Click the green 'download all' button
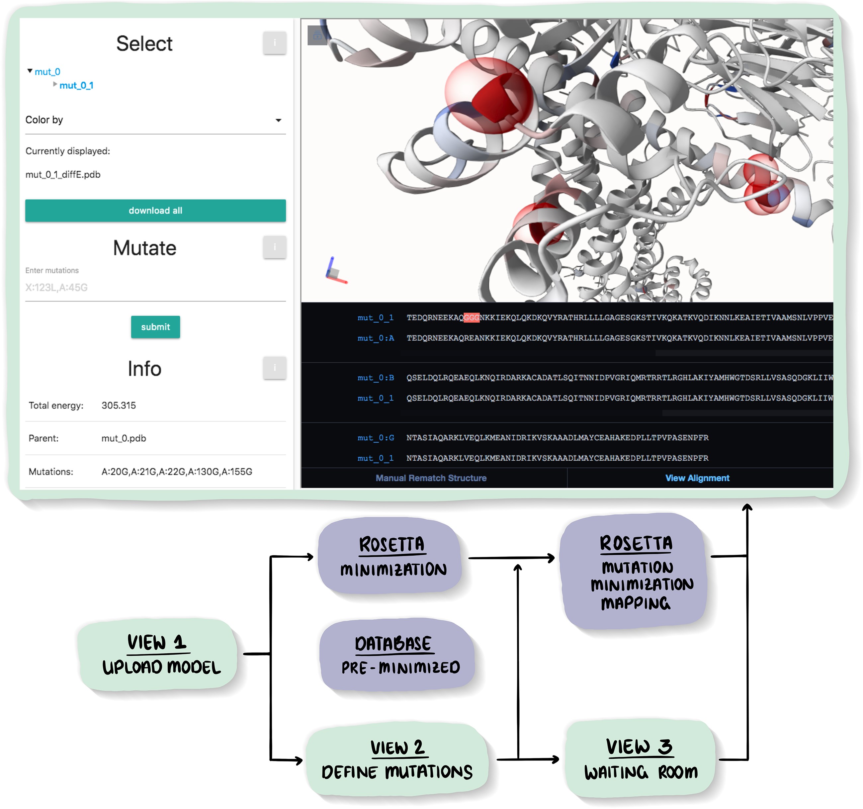click(155, 211)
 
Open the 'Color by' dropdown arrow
click(278, 120)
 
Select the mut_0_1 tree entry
click(76, 86)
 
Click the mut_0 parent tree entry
click(47, 72)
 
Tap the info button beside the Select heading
click(274, 43)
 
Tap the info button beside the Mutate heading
click(274, 247)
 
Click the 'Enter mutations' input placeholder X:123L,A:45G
click(56, 288)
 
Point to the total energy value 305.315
click(119, 405)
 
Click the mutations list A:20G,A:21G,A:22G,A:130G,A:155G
click(177, 472)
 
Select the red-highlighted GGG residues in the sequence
click(472, 317)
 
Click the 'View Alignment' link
click(697, 478)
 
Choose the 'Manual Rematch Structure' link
click(431, 478)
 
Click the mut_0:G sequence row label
click(376, 438)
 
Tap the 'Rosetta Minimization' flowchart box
click(391, 556)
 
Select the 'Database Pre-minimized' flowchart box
click(396, 655)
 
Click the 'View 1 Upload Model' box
click(158, 655)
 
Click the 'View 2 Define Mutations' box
click(397, 760)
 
